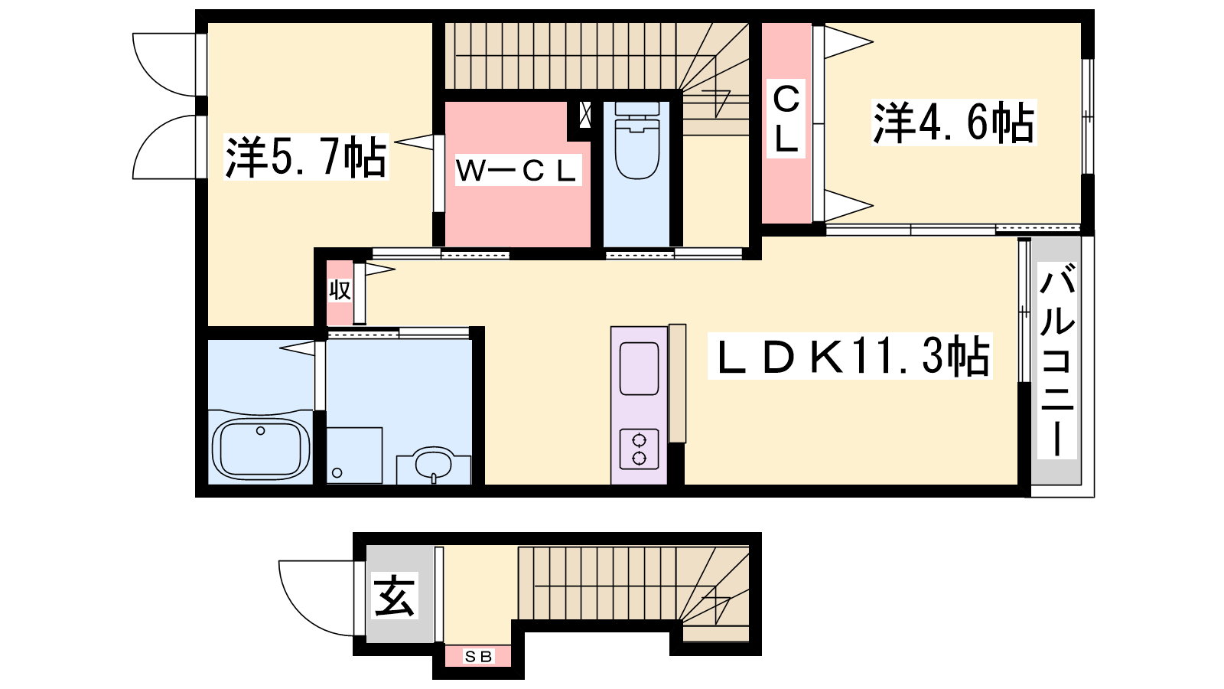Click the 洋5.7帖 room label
pos(306,157)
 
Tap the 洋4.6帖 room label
pos(953,122)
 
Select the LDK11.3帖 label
pos(850,355)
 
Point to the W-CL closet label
pos(517,171)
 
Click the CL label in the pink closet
pos(786,119)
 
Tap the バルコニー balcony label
pos(1057,360)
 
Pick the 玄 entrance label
pos(395,596)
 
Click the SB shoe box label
pos(479,656)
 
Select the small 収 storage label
pos(340,290)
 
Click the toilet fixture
pos(637,141)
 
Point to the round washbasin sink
pos(433,465)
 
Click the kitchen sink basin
pos(639,368)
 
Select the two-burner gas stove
pos(639,449)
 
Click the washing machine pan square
pos(354,455)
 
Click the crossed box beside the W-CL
pos(584,115)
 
